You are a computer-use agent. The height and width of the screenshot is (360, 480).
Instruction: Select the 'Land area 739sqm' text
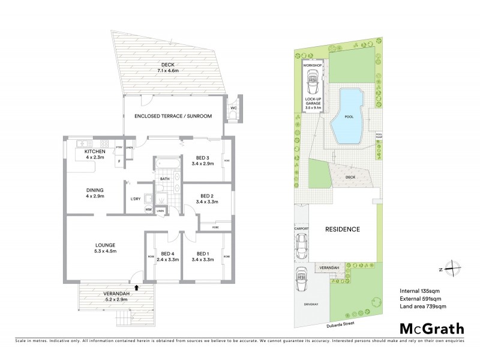[422, 307]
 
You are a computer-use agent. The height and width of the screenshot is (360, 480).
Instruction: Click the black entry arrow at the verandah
[137, 288]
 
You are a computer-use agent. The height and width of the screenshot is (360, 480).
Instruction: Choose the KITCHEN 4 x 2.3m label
[95, 154]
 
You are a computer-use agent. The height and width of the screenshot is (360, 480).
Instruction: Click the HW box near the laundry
[148, 209]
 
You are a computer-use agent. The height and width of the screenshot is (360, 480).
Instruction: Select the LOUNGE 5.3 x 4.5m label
[105, 248]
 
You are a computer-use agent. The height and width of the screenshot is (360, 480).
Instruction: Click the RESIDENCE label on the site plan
[342, 229]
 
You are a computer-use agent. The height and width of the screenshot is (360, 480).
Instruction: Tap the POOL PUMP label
[379, 136]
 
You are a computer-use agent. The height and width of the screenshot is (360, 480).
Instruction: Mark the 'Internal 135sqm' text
[421, 291]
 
